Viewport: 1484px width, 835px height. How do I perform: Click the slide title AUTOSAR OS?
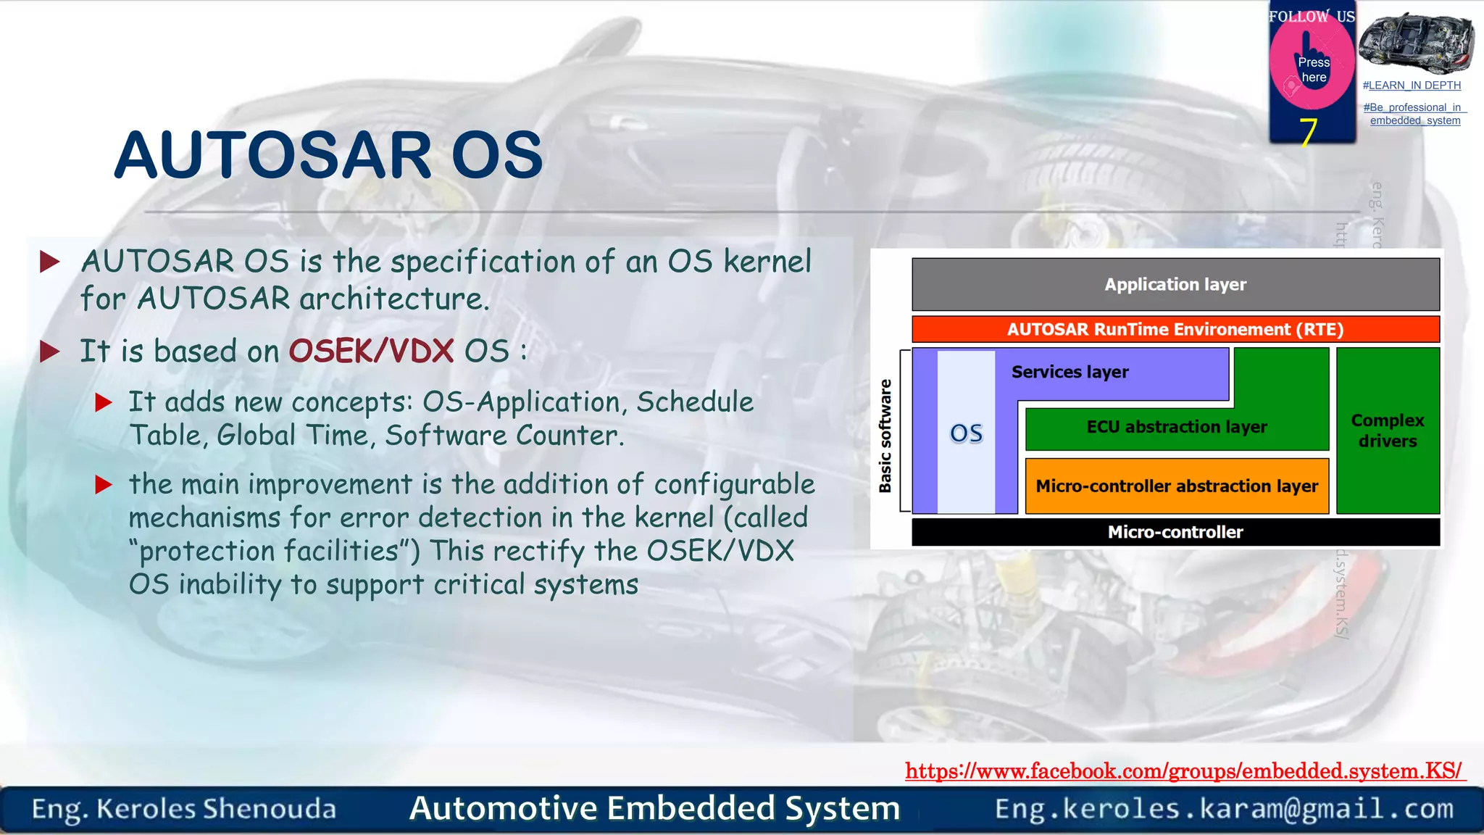pos(328,155)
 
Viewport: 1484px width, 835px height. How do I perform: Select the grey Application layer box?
pos(1175,284)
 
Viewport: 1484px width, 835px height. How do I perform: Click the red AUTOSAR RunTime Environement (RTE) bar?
pos(1175,329)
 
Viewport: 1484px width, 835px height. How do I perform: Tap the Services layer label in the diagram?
pos(1070,372)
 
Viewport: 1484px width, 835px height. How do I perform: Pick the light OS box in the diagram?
pos(966,433)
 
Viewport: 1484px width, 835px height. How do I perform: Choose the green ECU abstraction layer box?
pos(1176,427)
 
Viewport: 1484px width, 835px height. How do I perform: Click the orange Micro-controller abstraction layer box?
pos(1176,486)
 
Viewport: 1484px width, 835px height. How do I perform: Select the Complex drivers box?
pos(1387,431)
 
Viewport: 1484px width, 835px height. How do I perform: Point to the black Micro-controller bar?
pos(1175,532)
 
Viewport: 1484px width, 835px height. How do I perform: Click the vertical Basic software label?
pos(885,436)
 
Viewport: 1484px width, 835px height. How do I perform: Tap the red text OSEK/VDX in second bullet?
pos(371,352)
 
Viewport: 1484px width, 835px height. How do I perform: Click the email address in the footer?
pos(1224,808)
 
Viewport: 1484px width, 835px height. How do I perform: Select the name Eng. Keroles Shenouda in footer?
pos(184,809)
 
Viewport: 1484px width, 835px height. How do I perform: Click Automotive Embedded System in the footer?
pos(654,808)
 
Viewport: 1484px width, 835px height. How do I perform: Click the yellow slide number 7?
pos(1307,132)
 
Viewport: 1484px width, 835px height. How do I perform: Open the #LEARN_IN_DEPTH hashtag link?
pos(1411,86)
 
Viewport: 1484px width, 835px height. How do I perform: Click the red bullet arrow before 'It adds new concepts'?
pos(104,402)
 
